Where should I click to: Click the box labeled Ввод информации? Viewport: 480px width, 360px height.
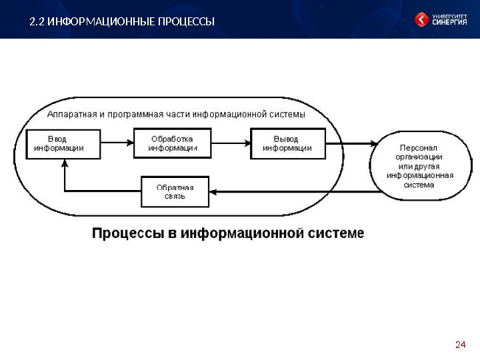click(63, 143)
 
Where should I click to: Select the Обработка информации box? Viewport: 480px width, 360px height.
click(173, 143)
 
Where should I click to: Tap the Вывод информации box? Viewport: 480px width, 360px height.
click(288, 143)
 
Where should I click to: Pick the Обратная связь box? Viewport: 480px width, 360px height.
click(175, 191)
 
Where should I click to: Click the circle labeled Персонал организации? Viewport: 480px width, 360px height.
click(419, 165)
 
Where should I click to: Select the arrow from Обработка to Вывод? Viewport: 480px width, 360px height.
click(231, 143)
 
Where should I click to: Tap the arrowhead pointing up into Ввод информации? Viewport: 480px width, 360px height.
click(63, 164)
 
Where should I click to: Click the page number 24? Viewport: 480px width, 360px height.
click(459, 345)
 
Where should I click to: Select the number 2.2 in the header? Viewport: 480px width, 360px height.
click(37, 22)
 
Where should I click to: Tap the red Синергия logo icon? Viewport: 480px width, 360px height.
click(422, 20)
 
